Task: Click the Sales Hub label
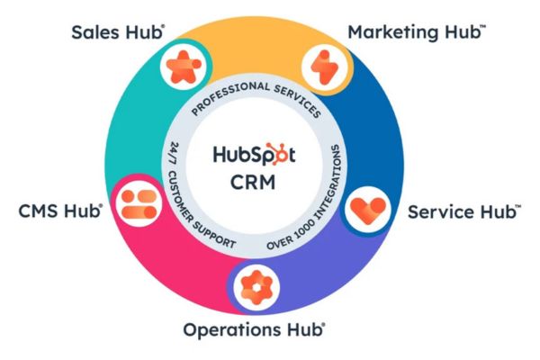(117, 32)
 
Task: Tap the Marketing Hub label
(417, 32)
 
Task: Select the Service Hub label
(463, 213)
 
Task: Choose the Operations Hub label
(254, 329)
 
